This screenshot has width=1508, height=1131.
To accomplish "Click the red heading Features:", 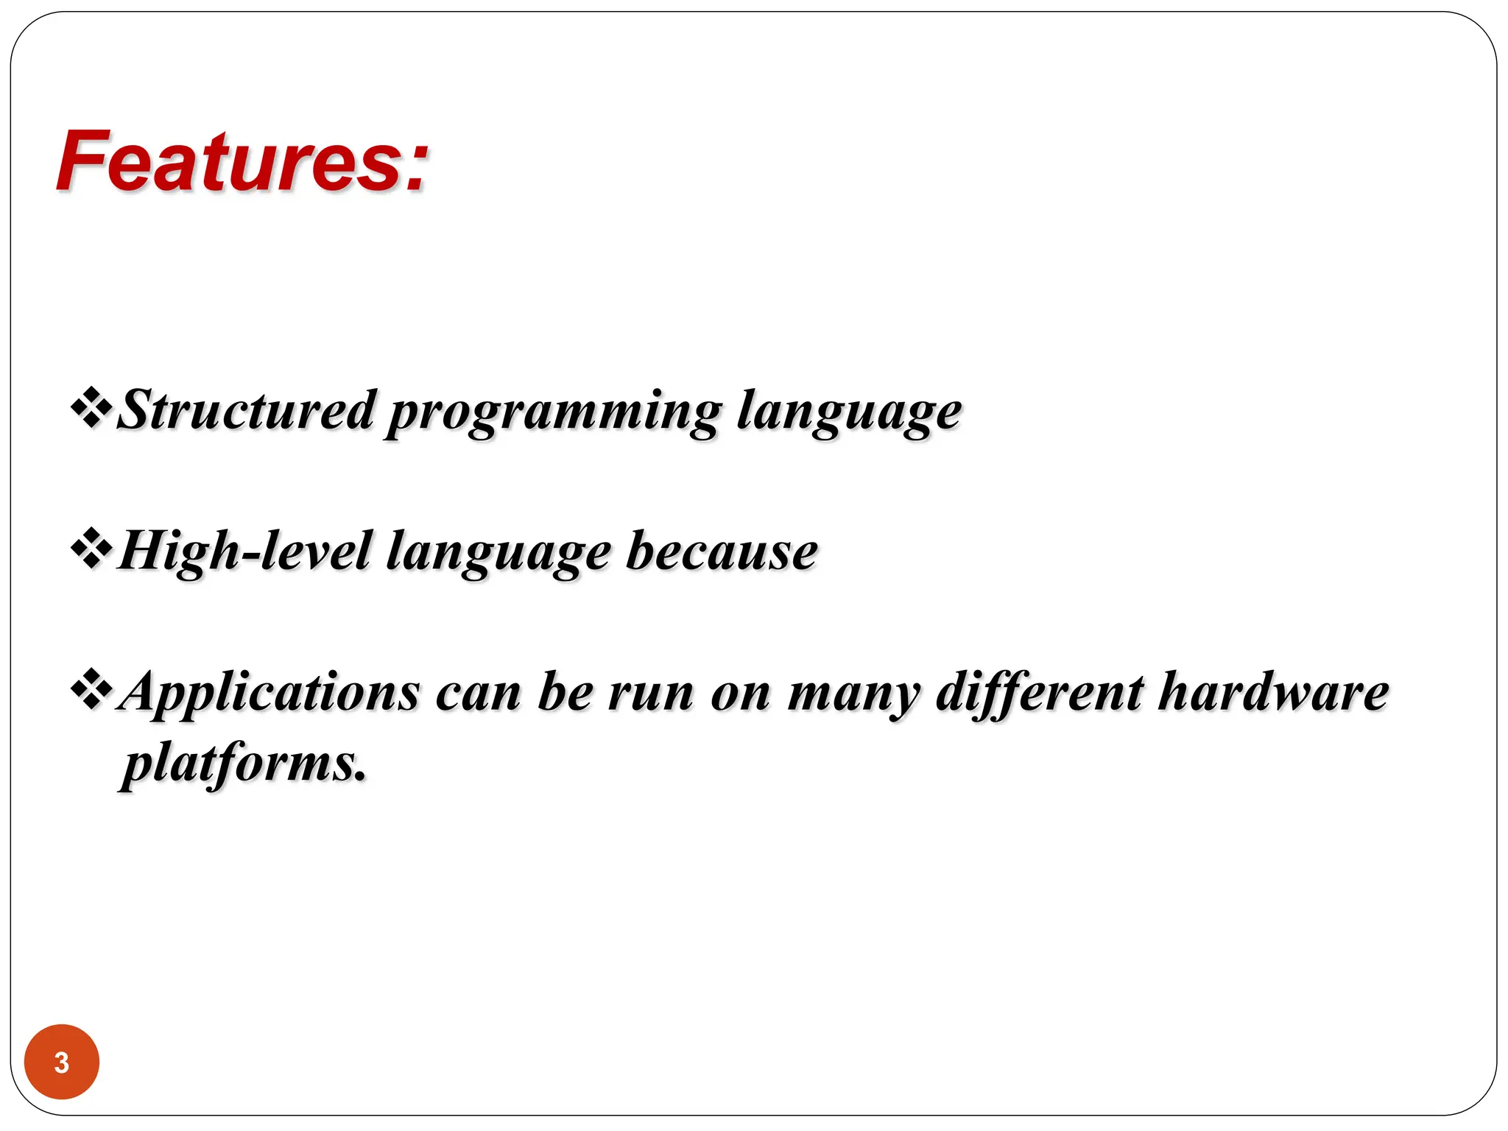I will tap(242, 161).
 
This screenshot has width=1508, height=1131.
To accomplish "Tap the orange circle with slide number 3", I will tap(62, 1062).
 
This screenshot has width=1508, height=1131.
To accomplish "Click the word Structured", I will tap(247, 410).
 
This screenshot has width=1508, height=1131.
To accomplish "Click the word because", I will tap(722, 552).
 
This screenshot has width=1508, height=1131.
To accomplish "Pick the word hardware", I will tap(1273, 692).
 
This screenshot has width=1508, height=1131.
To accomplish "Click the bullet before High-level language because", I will tap(91, 549).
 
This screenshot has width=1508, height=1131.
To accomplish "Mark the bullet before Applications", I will tap(91, 690).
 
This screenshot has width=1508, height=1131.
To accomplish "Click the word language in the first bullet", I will tap(849, 412).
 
